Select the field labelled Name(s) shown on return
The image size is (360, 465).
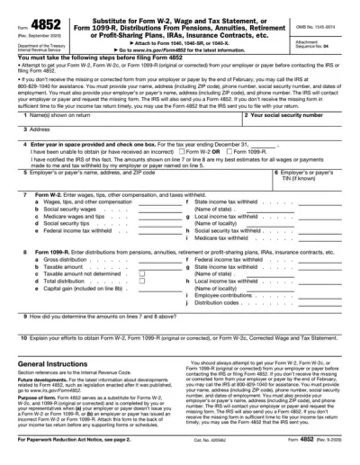[x=117, y=121]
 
